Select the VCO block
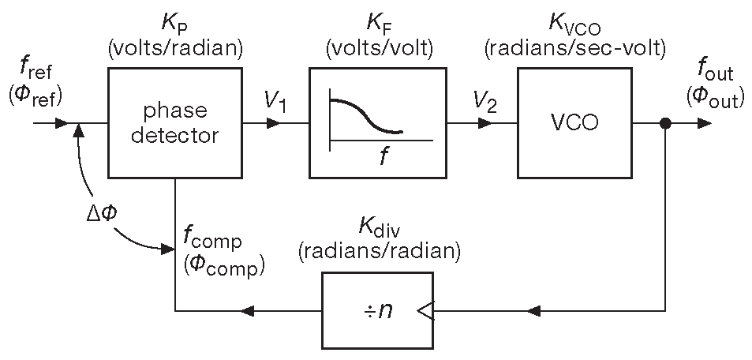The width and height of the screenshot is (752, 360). click(574, 123)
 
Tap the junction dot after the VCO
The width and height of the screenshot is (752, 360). click(666, 123)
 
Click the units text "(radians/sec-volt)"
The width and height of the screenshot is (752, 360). click(574, 48)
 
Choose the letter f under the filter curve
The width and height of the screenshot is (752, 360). click(382, 156)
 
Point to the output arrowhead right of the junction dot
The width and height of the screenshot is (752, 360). click(704, 123)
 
